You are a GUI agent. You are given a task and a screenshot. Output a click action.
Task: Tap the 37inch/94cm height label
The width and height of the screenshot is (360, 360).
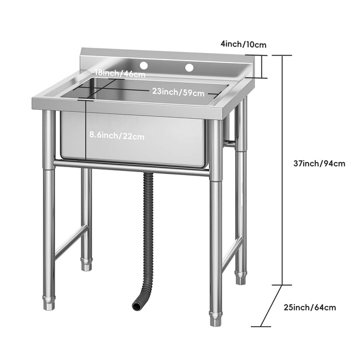pyautogui.click(x=320, y=163)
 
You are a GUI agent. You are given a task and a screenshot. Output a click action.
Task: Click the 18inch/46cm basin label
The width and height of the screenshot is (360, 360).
pyautogui.click(x=120, y=74)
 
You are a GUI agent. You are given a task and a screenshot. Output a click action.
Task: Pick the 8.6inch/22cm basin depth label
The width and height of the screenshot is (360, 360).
pyautogui.click(x=117, y=135)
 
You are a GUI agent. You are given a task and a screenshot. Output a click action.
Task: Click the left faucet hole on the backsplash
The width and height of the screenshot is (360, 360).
pyautogui.click(x=143, y=66)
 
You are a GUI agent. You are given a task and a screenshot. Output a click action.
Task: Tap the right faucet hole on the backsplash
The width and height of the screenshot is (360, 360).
pyautogui.click(x=189, y=67)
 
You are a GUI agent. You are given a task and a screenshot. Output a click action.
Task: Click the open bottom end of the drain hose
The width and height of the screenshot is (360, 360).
pyautogui.click(x=137, y=305)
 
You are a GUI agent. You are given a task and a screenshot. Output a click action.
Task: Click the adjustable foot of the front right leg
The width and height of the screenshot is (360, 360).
pyautogui.click(x=216, y=318)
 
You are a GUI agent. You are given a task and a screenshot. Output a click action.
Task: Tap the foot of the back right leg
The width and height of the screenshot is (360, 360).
pyautogui.click(x=241, y=277)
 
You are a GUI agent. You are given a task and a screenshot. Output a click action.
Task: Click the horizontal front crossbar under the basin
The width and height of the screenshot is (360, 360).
pyautogui.click(x=131, y=168)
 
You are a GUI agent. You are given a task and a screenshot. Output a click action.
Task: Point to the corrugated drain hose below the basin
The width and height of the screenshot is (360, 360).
pyautogui.click(x=147, y=227)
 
